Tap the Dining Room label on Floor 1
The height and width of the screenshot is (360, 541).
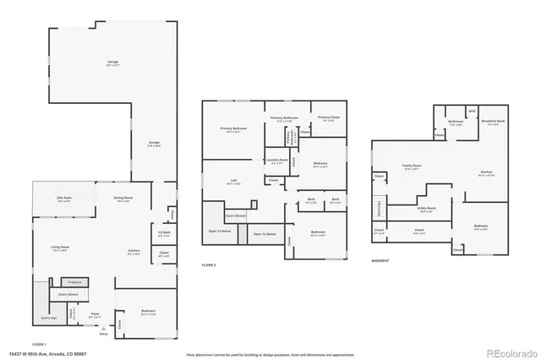(x=123, y=199)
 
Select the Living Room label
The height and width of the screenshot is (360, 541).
(x=58, y=247)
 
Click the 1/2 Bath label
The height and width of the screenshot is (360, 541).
(x=164, y=233)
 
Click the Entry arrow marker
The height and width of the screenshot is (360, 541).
(x=104, y=328)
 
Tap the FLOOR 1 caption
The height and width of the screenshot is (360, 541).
(x=39, y=345)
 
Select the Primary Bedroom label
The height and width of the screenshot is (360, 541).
(x=233, y=129)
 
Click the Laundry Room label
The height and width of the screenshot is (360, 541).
(x=277, y=160)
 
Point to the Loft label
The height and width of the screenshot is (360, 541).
(x=233, y=181)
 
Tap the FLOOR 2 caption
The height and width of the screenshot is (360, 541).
(x=209, y=265)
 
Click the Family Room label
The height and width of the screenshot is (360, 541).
(x=412, y=166)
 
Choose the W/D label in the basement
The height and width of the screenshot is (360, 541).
(x=473, y=110)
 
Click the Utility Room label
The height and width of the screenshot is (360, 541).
(x=426, y=208)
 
